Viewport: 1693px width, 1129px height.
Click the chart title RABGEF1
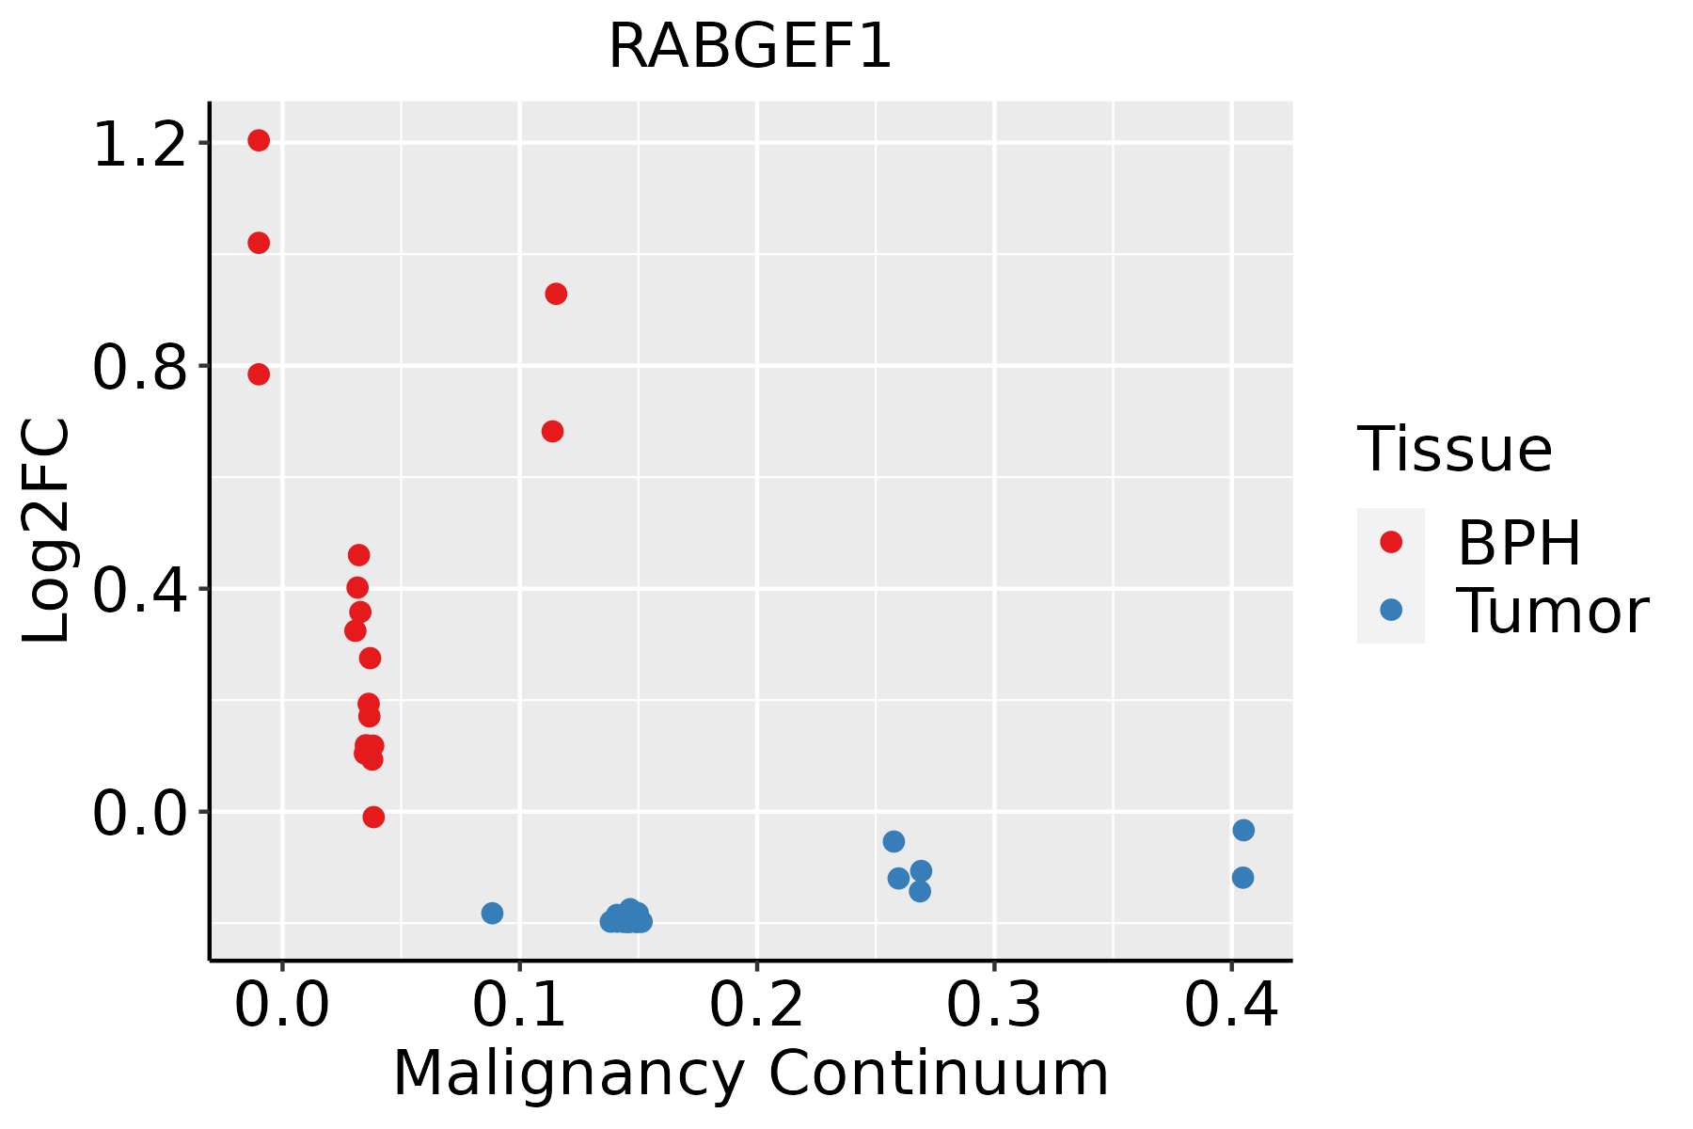click(x=750, y=46)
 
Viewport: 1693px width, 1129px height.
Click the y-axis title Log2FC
click(x=47, y=532)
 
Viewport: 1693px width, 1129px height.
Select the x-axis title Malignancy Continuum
click(x=751, y=1073)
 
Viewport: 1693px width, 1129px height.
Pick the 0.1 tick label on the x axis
click(x=519, y=1006)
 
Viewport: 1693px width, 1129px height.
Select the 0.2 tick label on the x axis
click(x=756, y=1006)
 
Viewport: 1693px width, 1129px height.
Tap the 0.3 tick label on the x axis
click(x=993, y=1006)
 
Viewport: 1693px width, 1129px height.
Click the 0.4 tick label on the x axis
click(x=1230, y=1006)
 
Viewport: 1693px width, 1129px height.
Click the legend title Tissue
click(x=1455, y=450)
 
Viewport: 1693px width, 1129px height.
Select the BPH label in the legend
click(x=1519, y=543)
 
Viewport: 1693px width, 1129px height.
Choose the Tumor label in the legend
click(x=1552, y=612)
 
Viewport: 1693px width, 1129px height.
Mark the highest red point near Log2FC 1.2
click(x=259, y=140)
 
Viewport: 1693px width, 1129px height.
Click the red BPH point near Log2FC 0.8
click(x=259, y=374)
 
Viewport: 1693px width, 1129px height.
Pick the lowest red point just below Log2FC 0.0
click(x=373, y=817)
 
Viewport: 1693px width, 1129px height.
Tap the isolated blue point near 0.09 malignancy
click(x=492, y=913)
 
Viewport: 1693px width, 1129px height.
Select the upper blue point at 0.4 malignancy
click(x=1243, y=830)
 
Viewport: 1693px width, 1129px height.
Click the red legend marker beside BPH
click(x=1390, y=542)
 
